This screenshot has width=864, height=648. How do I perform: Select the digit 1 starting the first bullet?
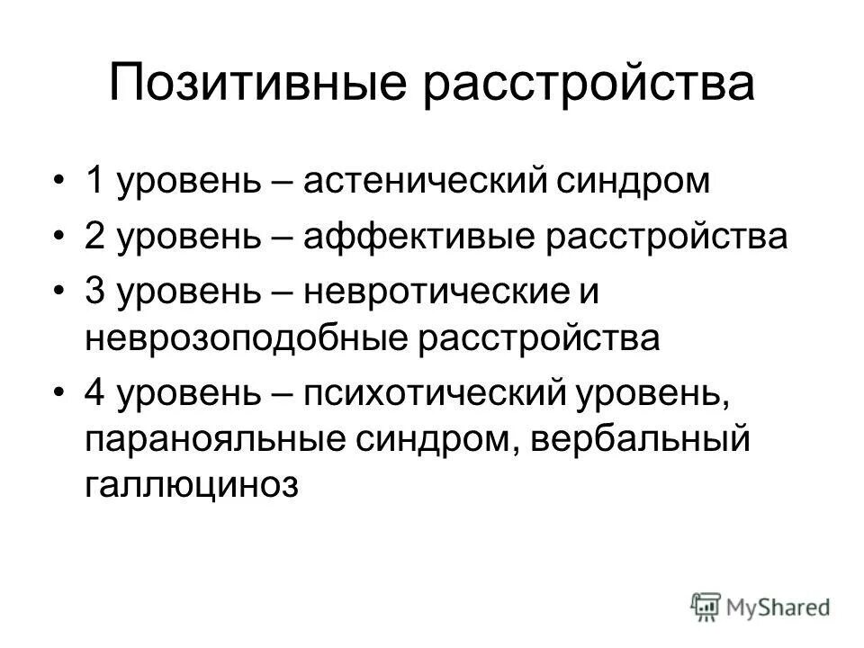click(94, 184)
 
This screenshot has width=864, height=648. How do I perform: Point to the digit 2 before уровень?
click(94, 237)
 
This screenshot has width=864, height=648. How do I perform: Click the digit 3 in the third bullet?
click(94, 290)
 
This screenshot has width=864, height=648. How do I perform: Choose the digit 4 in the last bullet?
click(94, 396)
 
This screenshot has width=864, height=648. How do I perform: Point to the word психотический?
click(433, 396)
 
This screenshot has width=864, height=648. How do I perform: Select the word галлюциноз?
click(191, 486)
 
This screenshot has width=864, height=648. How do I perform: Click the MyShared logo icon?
click(706, 606)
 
